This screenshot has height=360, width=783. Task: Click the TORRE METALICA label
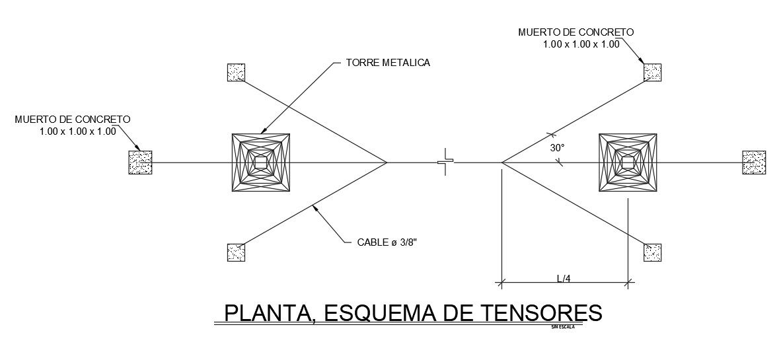[388, 63]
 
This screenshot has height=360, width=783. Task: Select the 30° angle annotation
[557, 149]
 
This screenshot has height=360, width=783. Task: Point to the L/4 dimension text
[564, 278]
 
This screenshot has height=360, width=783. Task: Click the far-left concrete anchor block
[140, 162]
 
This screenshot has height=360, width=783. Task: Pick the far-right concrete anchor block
[754, 162]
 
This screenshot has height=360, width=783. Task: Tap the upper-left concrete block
[236, 73]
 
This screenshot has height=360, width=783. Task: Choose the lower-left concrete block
[236, 252]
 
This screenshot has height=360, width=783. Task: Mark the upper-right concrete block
[653, 73]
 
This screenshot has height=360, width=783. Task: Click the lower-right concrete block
[653, 252]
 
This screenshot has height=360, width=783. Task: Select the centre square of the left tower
[261, 162]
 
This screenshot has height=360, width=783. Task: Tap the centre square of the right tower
[628, 162]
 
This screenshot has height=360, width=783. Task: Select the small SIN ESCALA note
[562, 326]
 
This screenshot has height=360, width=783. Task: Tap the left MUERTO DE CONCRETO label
[73, 120]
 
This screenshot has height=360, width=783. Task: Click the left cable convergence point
[387, 162]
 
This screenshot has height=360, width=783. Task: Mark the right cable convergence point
[502, 162]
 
